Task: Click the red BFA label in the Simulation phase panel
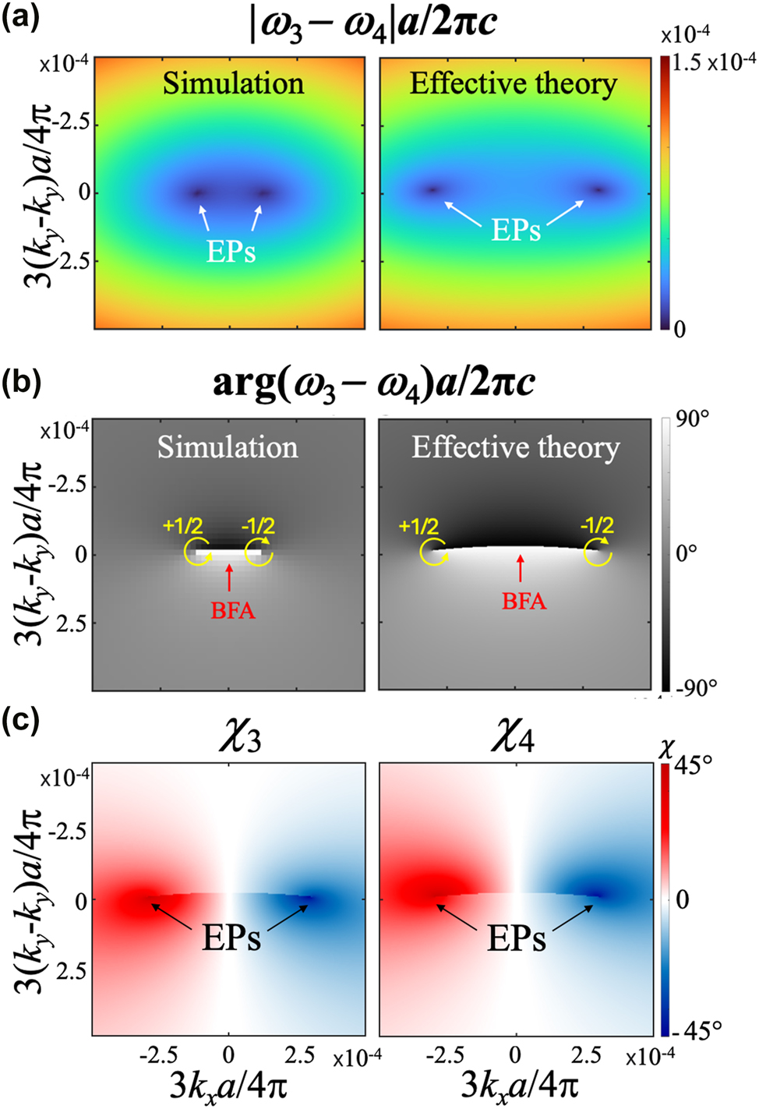[x=232, y=610]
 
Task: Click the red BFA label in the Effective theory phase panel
[x=524, y=601]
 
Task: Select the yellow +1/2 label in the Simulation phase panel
[x=182, y=526]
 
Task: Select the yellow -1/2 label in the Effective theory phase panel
[x=597, y=525]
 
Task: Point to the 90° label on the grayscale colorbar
[x=692, y=419]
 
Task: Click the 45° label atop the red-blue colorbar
[x=692, y=765]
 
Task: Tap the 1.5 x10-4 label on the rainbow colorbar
[x=713, y=63]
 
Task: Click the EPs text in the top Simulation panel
[x=231, y=251]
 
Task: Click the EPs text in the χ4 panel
[x=516, y=938]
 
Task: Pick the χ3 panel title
[x=239, y=736]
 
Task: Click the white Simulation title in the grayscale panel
[x=228, y=447]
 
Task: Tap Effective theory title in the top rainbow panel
[x=514, y=83]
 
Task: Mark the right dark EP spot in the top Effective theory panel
[x=598, y=189]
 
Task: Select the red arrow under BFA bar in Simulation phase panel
[x=228, y=577]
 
